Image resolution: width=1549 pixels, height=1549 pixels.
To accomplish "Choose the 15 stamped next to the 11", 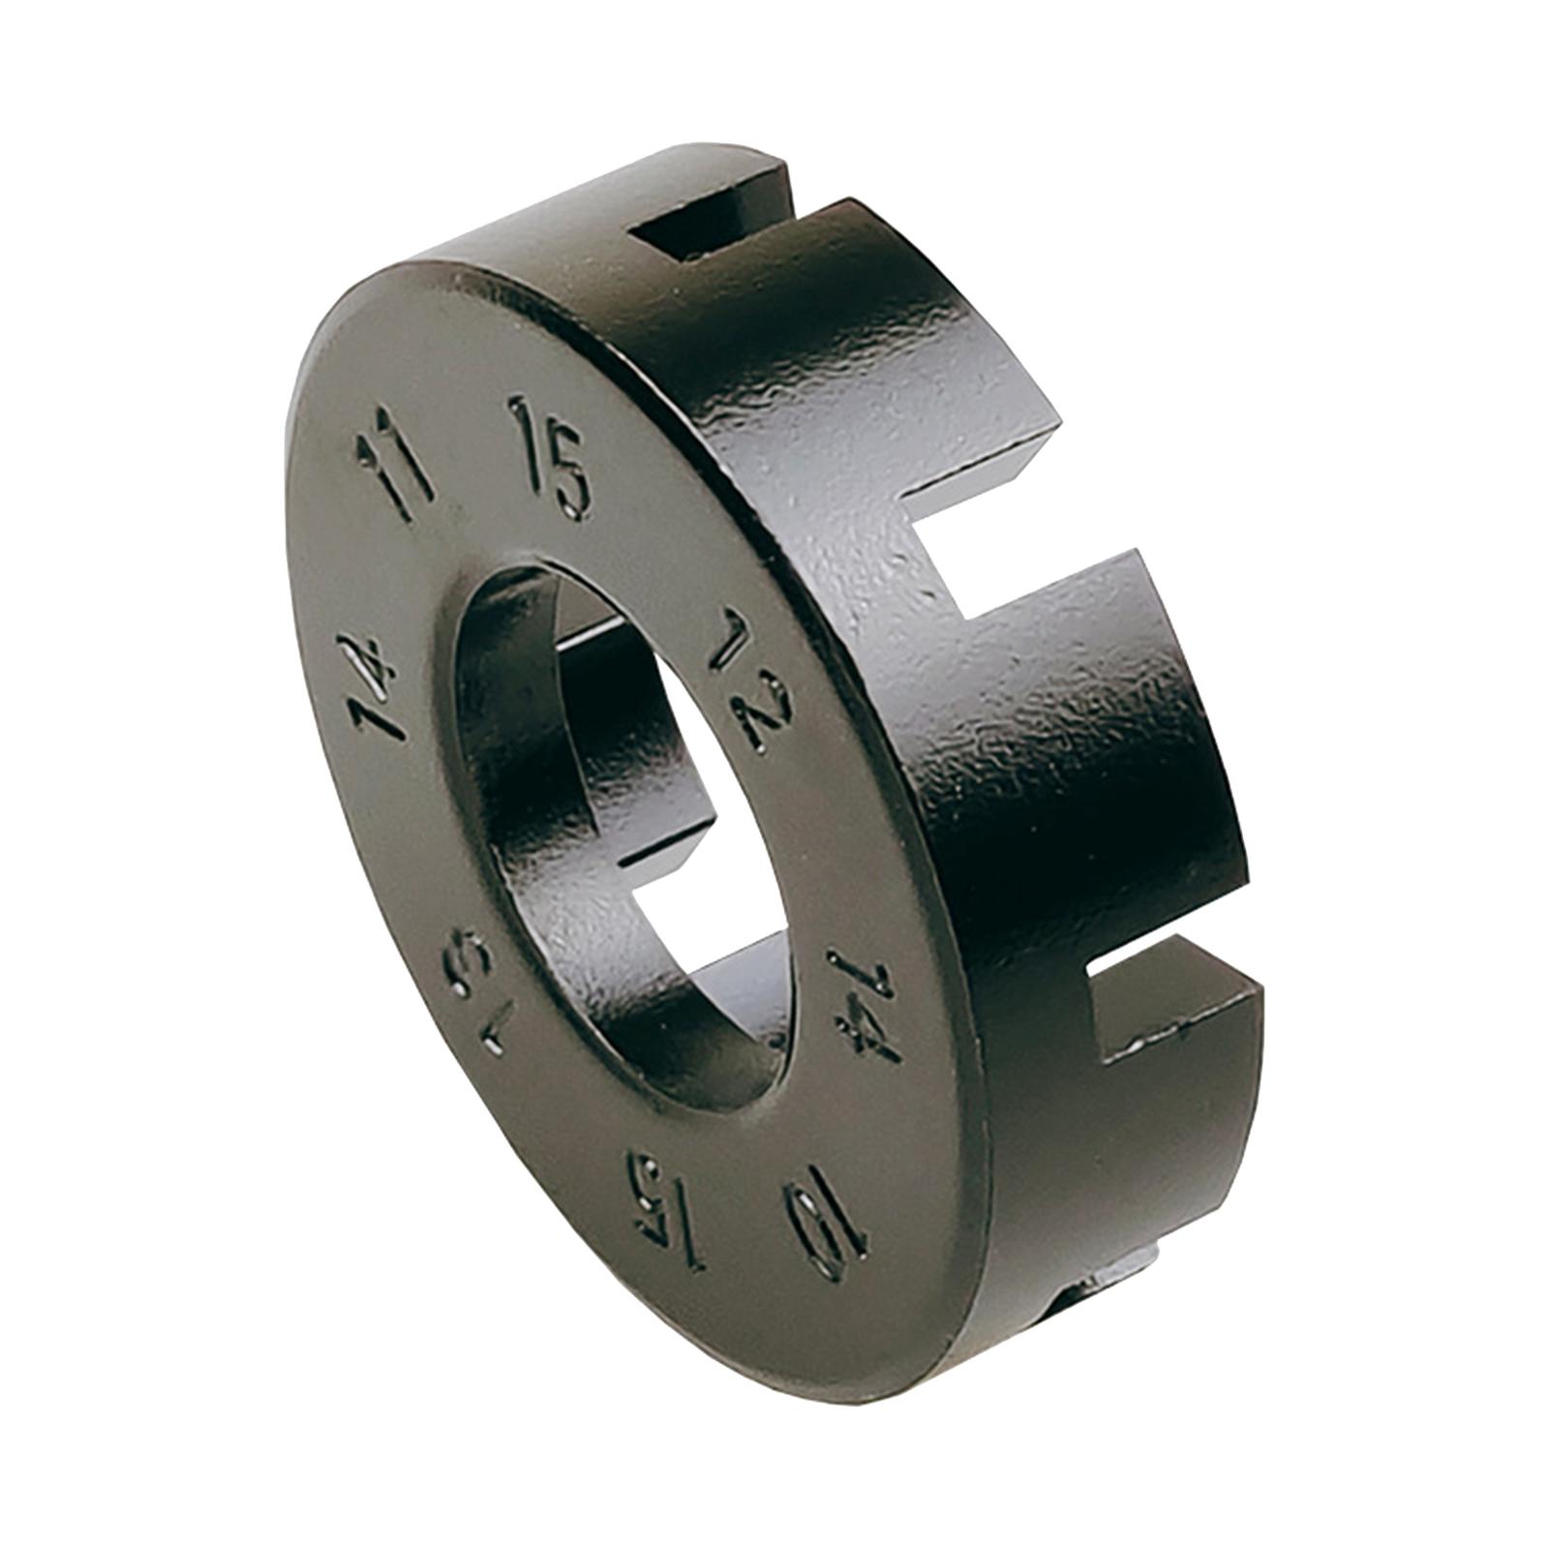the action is click(550, 455).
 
